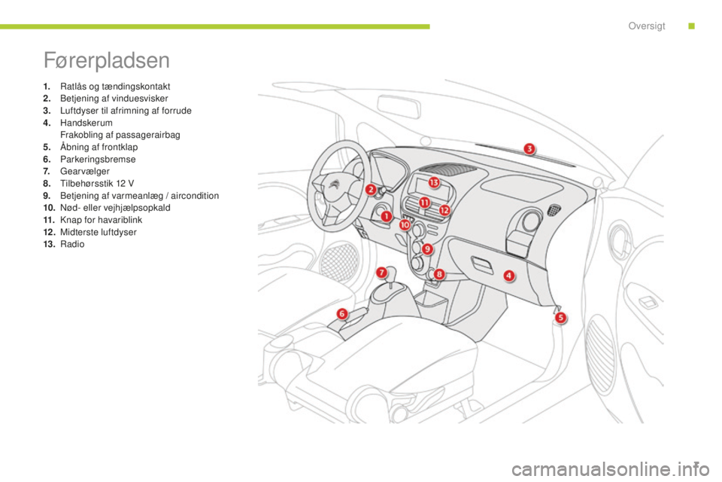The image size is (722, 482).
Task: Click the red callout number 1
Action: (x=386, y=217)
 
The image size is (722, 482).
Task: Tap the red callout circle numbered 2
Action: (x=370, y=191)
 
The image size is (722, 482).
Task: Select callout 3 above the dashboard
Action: (x=529, y=148)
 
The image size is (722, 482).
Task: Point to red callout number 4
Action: (x=509, y=276)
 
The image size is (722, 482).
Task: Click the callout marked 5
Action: (x=560, y=318)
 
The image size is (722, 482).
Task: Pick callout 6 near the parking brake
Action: (x=342, y=313)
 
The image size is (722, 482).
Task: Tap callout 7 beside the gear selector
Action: (x=381, y=272)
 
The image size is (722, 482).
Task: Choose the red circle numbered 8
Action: (x=438, y=275)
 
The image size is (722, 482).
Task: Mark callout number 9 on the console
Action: (x=427, y=249)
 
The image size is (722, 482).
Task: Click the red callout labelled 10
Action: (x=405, y=224)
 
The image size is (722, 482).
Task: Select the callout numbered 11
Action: (x=424, y=203)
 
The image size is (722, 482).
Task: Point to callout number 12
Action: (x=444, y=210)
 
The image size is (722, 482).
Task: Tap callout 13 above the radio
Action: (x=434, y=183)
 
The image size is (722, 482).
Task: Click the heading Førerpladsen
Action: (x=107, y=59)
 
